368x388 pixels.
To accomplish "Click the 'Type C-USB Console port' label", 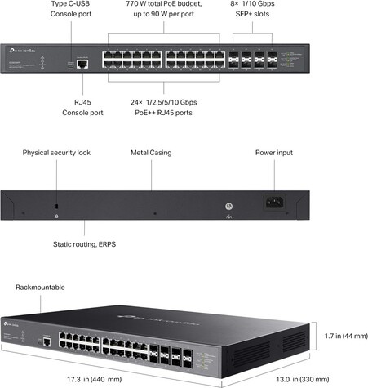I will (x=71, y=9).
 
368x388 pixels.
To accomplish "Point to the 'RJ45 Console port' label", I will (x=79, y=108).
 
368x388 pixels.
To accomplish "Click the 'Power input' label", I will (x=273, y=153).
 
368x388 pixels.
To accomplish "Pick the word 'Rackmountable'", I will (x=39, y=288).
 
